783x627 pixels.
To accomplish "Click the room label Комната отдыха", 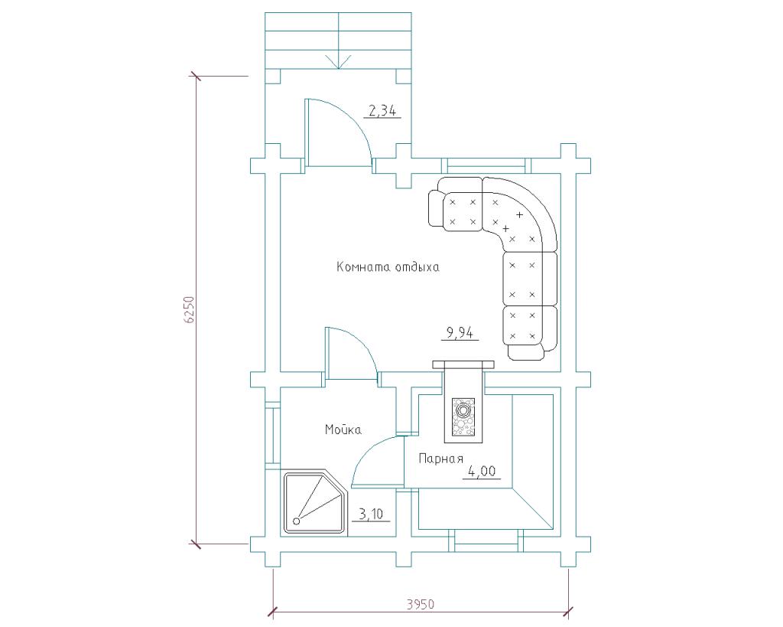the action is tap(388, 267).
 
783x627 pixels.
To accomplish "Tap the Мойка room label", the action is tap(343, 429).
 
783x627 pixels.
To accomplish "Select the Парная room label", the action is tap(441, 459).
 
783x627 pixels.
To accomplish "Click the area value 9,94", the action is tap(460, 332).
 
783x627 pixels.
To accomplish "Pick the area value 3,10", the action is tap(371, 514).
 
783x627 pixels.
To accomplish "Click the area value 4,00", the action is tap(482, 471).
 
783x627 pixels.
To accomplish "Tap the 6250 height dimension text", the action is tap(188, 310).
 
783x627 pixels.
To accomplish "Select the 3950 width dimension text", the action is tap(420, 604).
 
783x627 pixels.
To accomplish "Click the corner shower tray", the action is tap(312, 502).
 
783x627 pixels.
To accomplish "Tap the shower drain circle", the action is tap(297, 521).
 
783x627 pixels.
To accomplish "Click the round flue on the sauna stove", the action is tap(463, 411).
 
